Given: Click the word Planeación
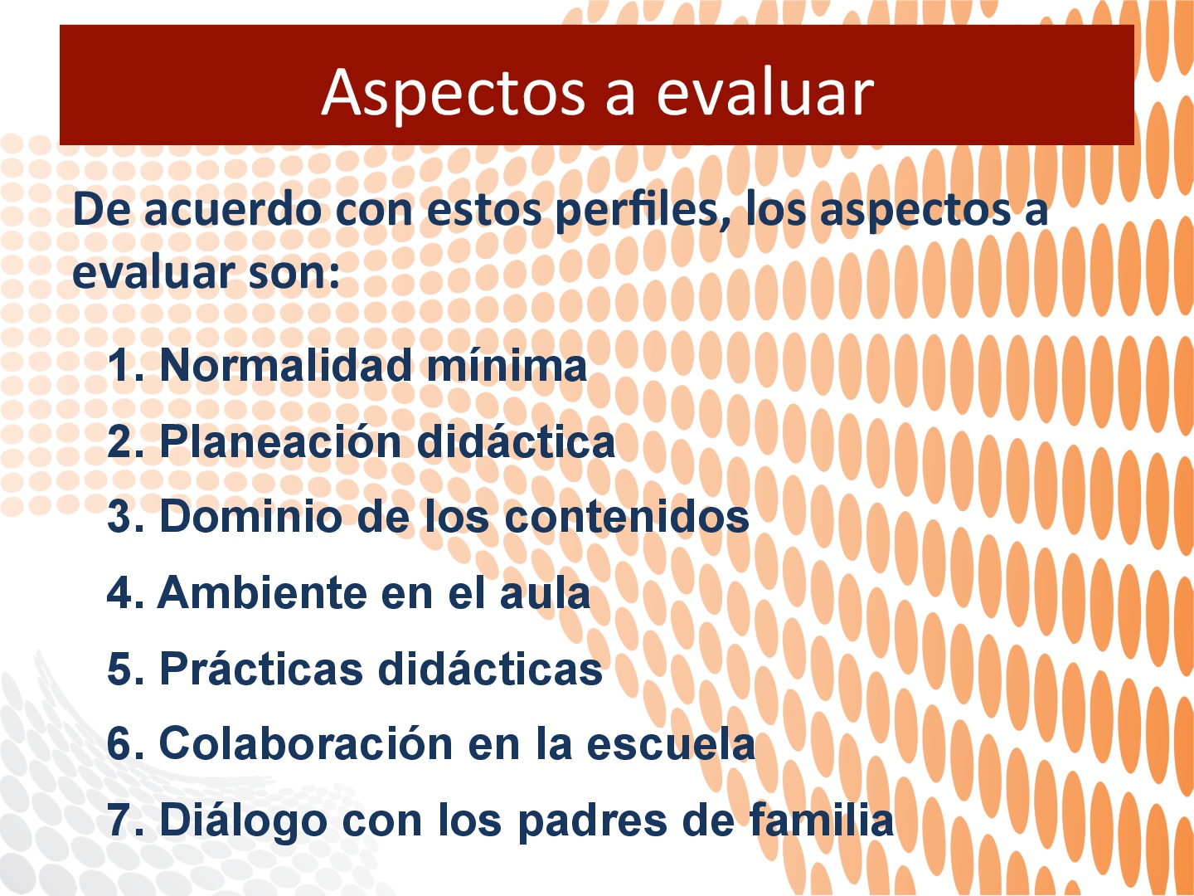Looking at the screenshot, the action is tap(280, 441).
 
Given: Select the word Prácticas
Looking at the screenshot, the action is tap(261, 668).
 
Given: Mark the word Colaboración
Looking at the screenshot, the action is tap(306, 743).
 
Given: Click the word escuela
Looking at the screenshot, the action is tap(671, 743).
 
